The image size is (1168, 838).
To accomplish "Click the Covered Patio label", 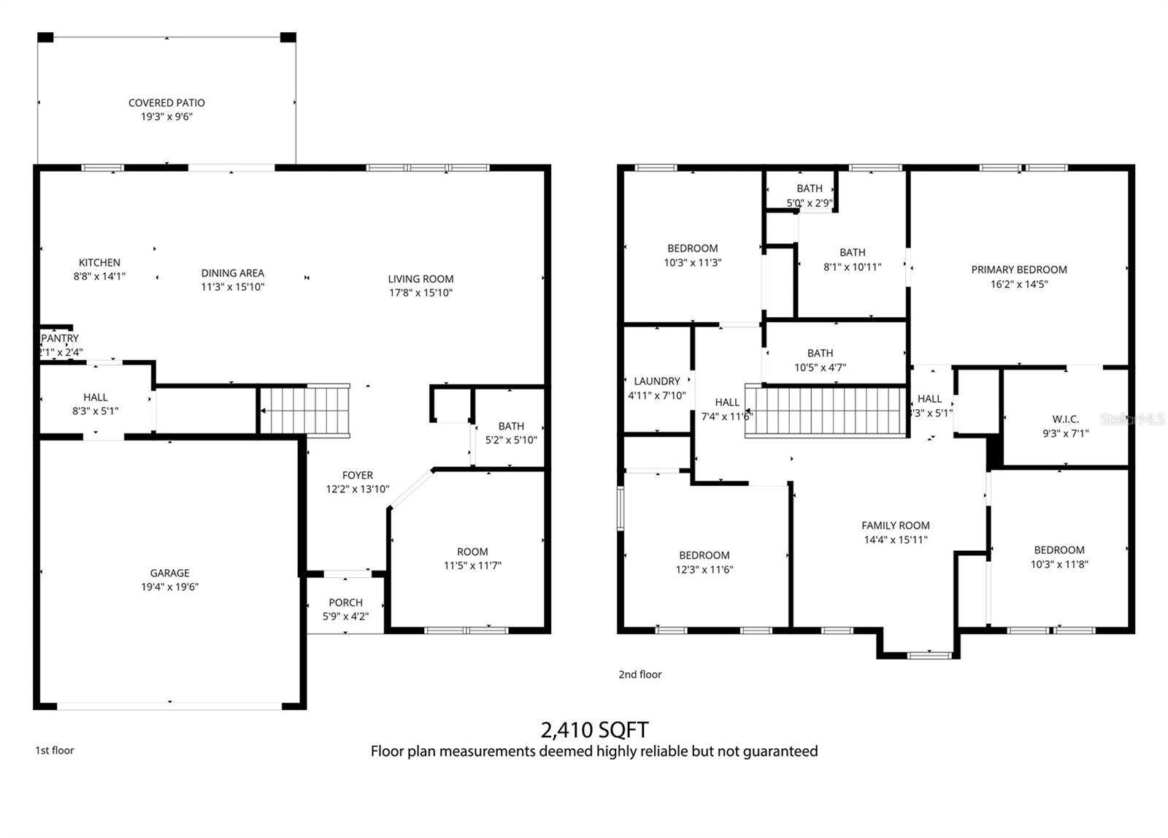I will click(166, 103).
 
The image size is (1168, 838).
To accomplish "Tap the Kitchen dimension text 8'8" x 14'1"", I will click(99, 276).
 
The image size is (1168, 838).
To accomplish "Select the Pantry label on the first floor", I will click(60, 338).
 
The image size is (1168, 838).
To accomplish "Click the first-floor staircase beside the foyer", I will click(305, 410).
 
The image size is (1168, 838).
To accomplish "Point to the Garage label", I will click(169, 573).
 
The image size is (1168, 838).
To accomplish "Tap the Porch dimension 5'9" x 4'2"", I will click(345, 616).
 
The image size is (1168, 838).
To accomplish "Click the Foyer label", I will click(357, 475).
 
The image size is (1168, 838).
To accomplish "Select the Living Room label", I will click(420, 278).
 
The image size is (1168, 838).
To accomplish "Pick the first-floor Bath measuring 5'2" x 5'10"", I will click(511, 426).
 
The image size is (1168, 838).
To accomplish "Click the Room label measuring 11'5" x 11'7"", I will click(472, 552).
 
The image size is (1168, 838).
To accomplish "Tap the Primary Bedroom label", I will click(1018, 270).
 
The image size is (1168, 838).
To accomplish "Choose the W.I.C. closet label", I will click(1065, 419).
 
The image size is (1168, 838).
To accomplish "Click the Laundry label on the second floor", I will click(657, 381).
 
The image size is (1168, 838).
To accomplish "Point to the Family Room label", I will click(895, 525).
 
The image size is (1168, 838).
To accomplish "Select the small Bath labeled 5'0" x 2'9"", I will click(809, 188).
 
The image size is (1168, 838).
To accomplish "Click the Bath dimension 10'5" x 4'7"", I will click(820, 367).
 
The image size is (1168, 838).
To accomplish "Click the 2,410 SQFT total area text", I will click(594, 729).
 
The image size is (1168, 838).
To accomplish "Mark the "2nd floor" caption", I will click(639, 674).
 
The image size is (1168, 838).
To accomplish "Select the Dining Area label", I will click(232, 273).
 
